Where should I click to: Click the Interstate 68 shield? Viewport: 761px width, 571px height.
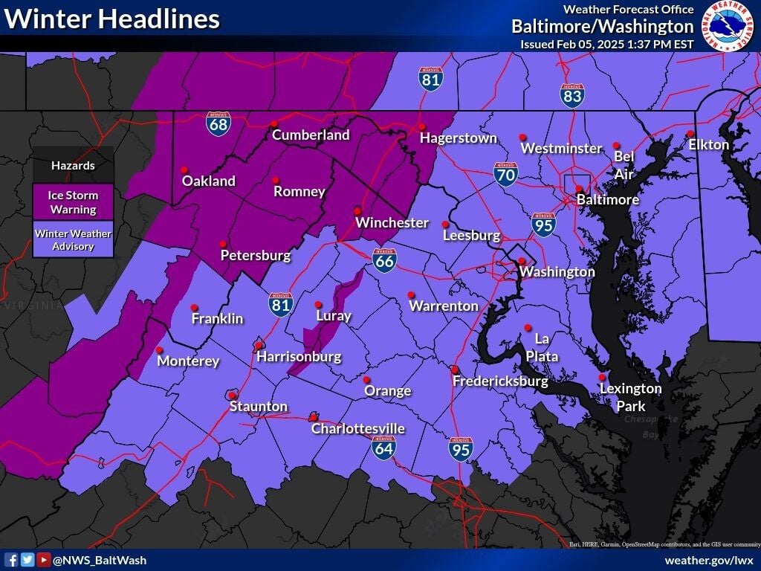coord(218,123)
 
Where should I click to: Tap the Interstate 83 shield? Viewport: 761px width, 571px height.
coord(572,96)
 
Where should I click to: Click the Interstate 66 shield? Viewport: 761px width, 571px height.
coord(384,259)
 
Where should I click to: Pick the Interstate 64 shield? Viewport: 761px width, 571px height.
coord(384,446)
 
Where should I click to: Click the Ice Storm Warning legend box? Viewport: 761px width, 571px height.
coord(73,201)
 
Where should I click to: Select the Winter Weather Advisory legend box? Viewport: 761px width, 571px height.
coord(73,239)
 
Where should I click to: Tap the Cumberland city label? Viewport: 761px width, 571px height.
coord(311,135)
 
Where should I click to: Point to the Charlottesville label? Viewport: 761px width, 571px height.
coord(357,429)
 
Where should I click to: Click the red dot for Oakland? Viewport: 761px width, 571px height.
coord(184,168)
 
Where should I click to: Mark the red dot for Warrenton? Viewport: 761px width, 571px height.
coord(411,294)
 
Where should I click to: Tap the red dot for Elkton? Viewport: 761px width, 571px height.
coord(690,133)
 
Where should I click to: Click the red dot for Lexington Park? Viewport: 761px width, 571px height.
coord(602,377)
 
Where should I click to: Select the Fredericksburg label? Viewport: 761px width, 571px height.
coord(500,381)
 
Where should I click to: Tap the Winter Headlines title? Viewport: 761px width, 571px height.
coord(112,20)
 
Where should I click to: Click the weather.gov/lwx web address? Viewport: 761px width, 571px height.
coord(709,560)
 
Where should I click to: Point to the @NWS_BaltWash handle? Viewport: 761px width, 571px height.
coord(100,561)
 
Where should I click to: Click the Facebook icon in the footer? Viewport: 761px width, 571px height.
coord(12,560)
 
